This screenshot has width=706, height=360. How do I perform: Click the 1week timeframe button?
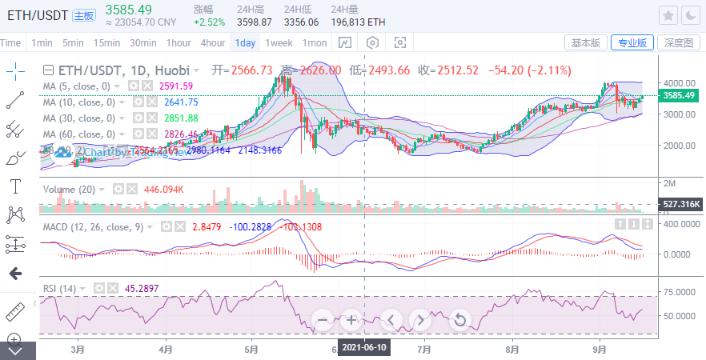pos(279,42)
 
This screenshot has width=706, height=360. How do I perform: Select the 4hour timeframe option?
pos(212,42)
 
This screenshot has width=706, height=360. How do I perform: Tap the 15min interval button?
pos(106,42)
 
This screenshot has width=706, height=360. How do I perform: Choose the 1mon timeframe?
pos(315,42)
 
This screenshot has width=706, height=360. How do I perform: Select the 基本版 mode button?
pos(585,42)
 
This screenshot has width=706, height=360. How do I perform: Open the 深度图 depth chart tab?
pos(678,42)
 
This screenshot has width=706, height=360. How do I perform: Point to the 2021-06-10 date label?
pos(364,347)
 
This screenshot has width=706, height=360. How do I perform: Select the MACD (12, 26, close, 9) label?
pos(93,227)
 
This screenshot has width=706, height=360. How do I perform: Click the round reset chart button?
pos(459,321)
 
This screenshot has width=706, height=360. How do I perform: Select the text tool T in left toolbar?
pos(15,186)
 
